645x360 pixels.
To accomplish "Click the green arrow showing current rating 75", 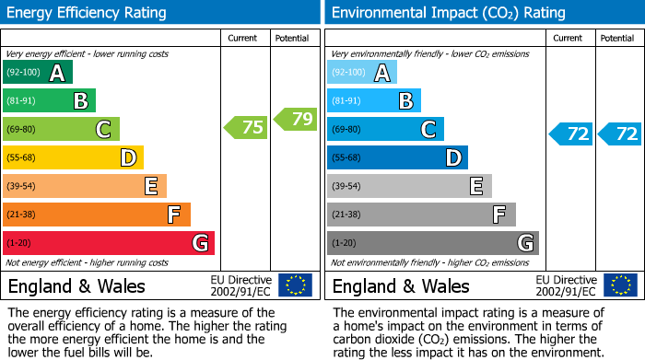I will click(246, 128).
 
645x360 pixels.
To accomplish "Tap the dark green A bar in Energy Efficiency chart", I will click(38, 73).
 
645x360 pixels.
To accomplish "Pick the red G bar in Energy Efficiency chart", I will click(108, 243).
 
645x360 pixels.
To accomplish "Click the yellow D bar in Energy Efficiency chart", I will click(73, 157).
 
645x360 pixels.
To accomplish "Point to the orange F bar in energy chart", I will click(96, 215).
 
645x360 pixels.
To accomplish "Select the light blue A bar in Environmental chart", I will click(362, 73).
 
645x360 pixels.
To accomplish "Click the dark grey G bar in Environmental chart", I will click(432, 243).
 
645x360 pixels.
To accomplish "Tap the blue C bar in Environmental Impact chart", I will click(385, 129).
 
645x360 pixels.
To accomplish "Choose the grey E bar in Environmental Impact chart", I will click(409, 186).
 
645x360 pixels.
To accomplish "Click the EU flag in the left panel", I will click(296, 285).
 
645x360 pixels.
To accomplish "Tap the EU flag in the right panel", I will click(620, 285).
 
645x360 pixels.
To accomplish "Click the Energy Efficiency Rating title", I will click(87, 13).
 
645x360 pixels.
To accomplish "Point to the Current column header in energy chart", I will click(244, 38).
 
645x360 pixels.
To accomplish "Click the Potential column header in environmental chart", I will click(616, 38).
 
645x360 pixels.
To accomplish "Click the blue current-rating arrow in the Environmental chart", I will click(570, 134).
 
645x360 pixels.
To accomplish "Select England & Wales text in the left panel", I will click(76, 285).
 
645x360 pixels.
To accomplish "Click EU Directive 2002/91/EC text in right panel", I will click(566, 285).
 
